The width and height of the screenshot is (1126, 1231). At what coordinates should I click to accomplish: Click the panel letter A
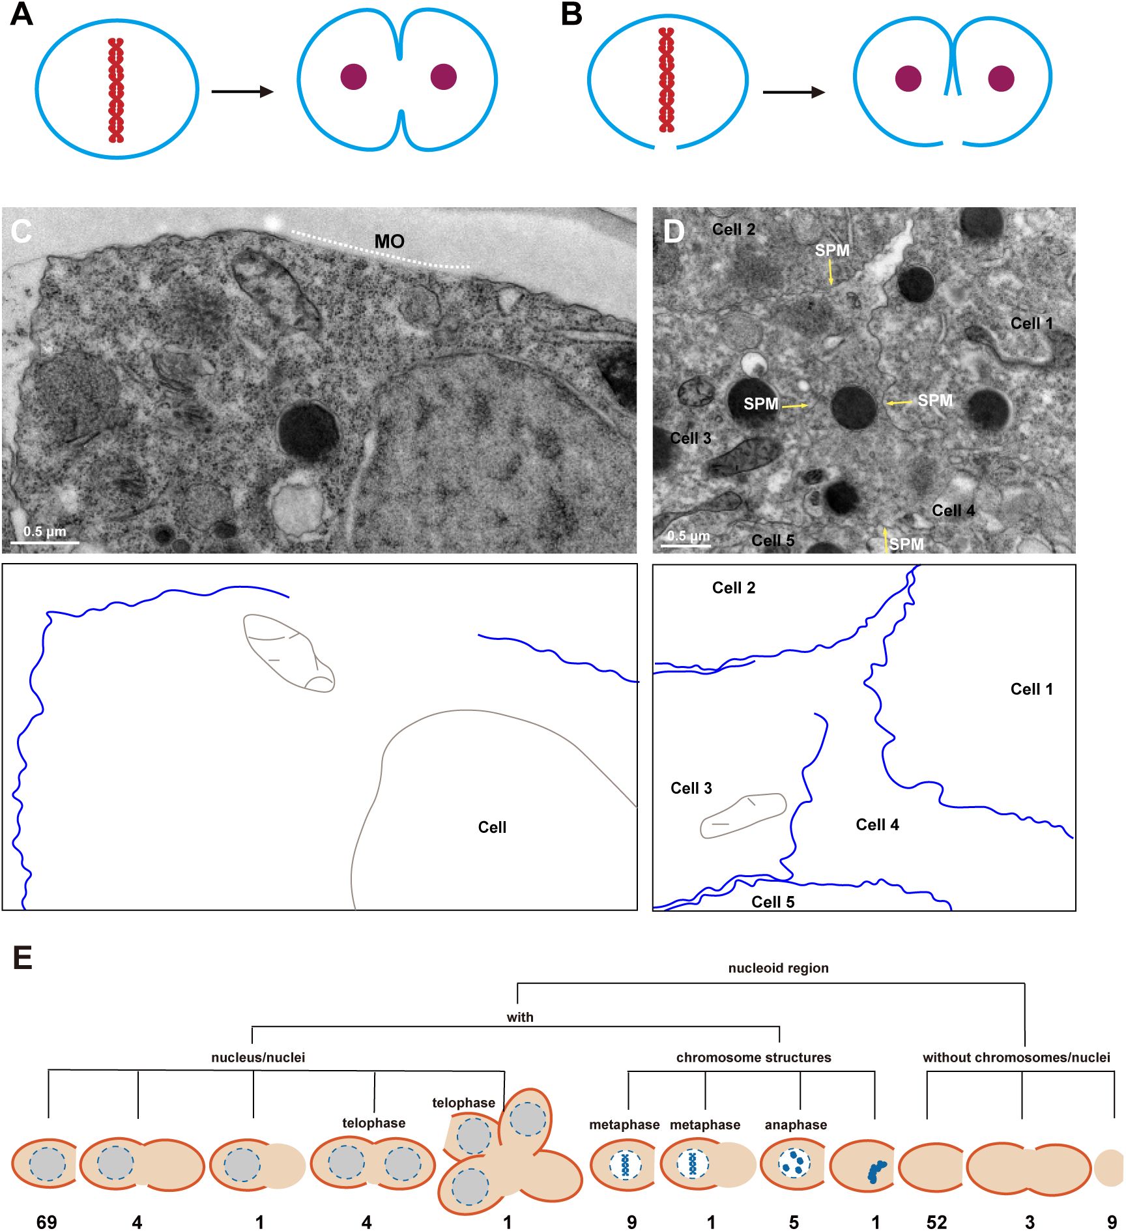[x=22, y=14]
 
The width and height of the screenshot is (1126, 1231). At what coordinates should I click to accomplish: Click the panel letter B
[x=571, y=14]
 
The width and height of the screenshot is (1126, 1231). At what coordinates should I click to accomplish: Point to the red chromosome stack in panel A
[x=116, y=90]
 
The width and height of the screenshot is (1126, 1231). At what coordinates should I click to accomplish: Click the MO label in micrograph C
[x=389, y=242]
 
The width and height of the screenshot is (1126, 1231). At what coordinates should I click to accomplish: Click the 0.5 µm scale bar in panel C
[x=44, y=542]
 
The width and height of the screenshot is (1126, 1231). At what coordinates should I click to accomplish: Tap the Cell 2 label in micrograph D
[x=734, y=229]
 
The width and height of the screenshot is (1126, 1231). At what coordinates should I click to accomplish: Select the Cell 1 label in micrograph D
[x=1032, y=323]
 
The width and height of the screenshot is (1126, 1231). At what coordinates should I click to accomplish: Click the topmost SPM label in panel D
[x=832, y=250]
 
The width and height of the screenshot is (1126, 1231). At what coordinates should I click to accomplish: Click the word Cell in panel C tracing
[x=492, y=827]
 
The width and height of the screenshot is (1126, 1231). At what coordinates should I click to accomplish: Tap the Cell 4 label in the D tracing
[x=877, y=825]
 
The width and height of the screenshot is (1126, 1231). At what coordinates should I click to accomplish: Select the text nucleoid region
[x=778, y=968]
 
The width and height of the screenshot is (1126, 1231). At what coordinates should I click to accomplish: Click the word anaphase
[x=796, y=1124]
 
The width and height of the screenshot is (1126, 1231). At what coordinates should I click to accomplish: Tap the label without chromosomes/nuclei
[x=1016, y=1057]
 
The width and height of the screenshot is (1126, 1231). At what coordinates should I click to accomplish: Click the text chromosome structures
[x=753, y=1057]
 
